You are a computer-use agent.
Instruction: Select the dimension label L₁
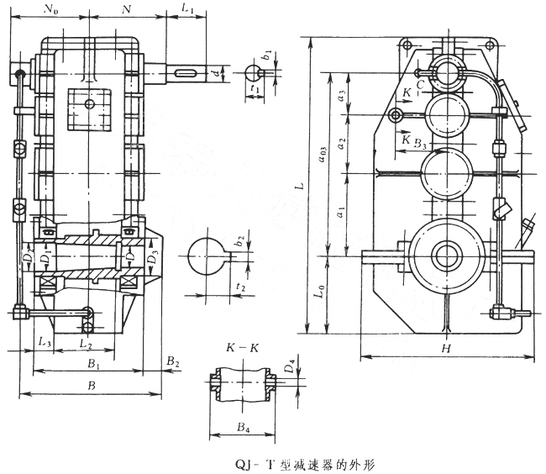pos(188,10)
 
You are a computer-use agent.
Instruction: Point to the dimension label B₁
pos(94,366)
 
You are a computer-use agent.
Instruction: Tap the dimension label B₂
pos(173,361)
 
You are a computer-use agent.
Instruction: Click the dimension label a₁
pos(339,214)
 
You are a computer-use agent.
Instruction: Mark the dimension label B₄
pos(243,429)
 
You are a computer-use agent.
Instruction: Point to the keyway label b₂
pos(240,240)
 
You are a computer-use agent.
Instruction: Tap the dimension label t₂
pos(241,287)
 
